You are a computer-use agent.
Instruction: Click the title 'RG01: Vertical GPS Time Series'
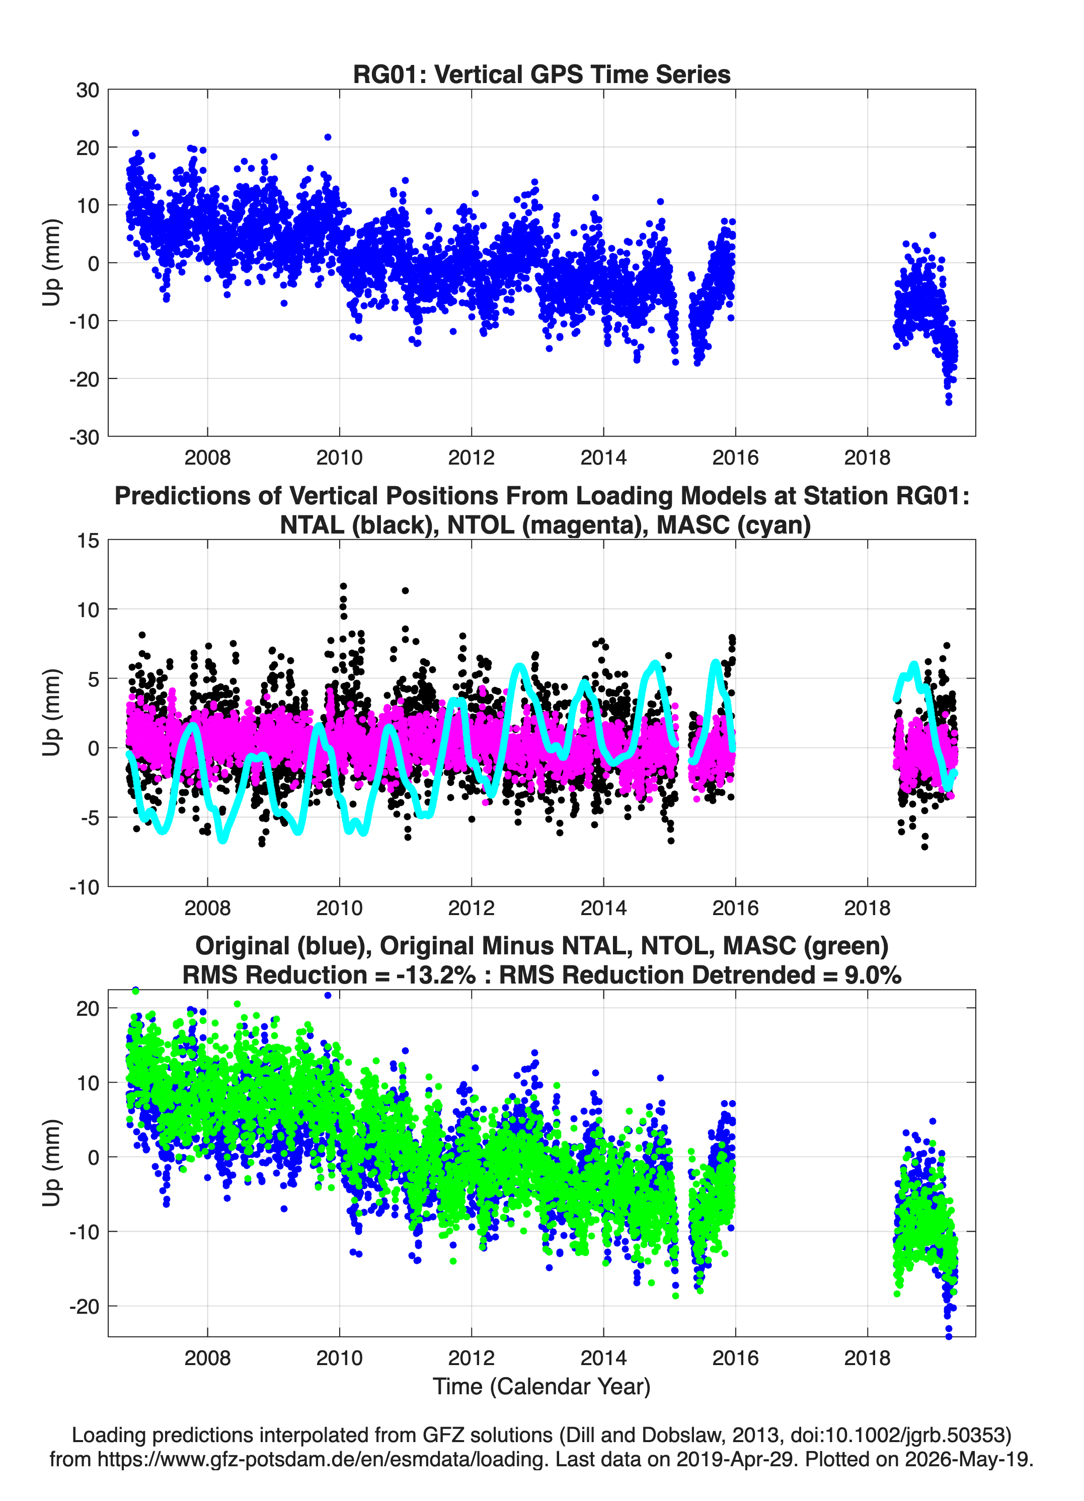click(x=541, y=74)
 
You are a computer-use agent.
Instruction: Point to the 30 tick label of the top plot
click(x=88, y=90)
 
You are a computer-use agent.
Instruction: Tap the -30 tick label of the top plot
click(x=84, y=437)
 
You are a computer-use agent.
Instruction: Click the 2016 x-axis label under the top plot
click(x=735, y=458)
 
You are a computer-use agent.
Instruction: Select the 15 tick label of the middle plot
click(x=88, y=540)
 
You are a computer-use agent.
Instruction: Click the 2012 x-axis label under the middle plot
click(x=471, y=908)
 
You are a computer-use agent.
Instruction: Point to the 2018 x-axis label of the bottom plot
click(x=867, y=1358)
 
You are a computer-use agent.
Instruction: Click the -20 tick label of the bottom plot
click(x=84, y=1306)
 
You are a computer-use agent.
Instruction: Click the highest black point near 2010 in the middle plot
click(x=343, y=586)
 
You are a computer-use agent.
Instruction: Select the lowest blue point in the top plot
click(x=948, y=402)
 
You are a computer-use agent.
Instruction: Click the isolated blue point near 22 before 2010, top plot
click(x=328, y=137)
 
